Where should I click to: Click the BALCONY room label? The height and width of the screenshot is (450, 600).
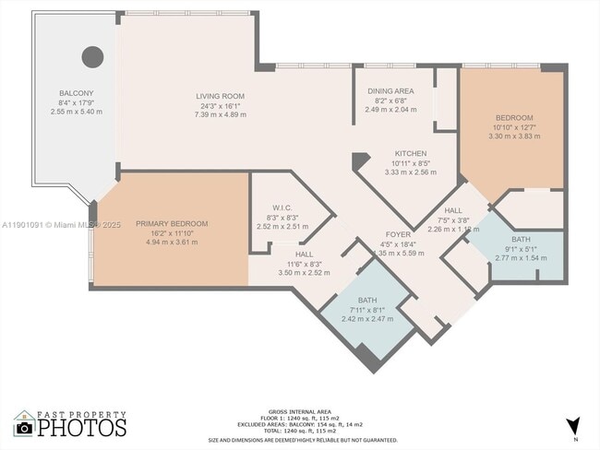click(x=76, y=94)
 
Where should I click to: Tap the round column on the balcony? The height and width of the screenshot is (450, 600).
click(x=92, y=57)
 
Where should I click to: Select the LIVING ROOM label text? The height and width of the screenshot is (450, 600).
click(x=219, y=96)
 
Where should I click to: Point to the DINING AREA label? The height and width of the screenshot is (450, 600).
click(x=390, y=91)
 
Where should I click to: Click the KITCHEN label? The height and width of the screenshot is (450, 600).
click(x=410, y=153)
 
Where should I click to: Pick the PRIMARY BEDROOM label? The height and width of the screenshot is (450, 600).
click(x=171, y=223)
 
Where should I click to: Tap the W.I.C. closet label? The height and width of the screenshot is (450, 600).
click(x=282, y=207)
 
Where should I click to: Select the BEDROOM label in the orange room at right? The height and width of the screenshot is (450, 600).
click(x=513, y=118)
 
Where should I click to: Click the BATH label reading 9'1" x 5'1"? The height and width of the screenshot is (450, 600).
click(x=521, y=239)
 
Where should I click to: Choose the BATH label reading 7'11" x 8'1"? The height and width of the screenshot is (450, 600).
click(x=366, y=300)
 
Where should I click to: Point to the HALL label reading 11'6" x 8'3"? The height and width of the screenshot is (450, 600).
click(x=304, y=255)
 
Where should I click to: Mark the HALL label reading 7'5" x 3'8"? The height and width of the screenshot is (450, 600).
click(x=452, y=211)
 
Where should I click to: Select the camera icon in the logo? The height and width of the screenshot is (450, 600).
click(x=24, y=428)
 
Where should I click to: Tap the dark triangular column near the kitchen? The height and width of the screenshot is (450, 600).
click(x=360, y=160)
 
